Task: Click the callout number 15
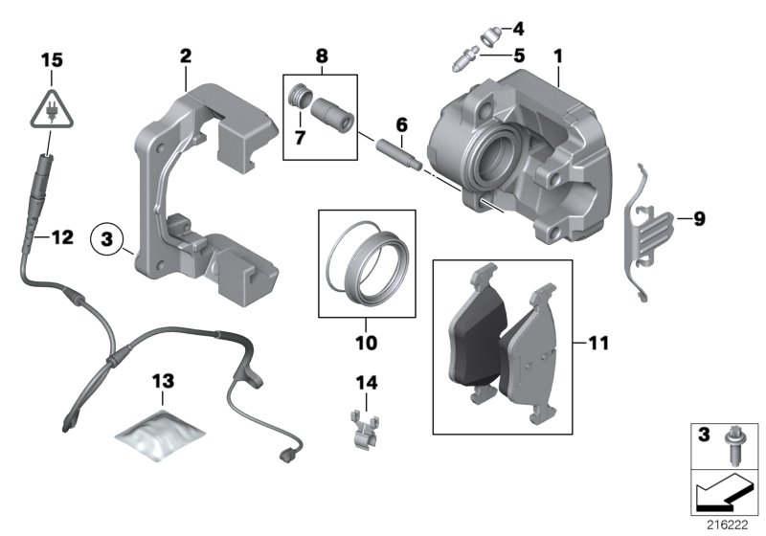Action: pos(51,60)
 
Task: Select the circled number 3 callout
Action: pos(108,235)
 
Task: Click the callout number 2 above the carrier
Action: pos(185,56)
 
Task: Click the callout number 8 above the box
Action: pos(322,56)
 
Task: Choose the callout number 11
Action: pos(598,340)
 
